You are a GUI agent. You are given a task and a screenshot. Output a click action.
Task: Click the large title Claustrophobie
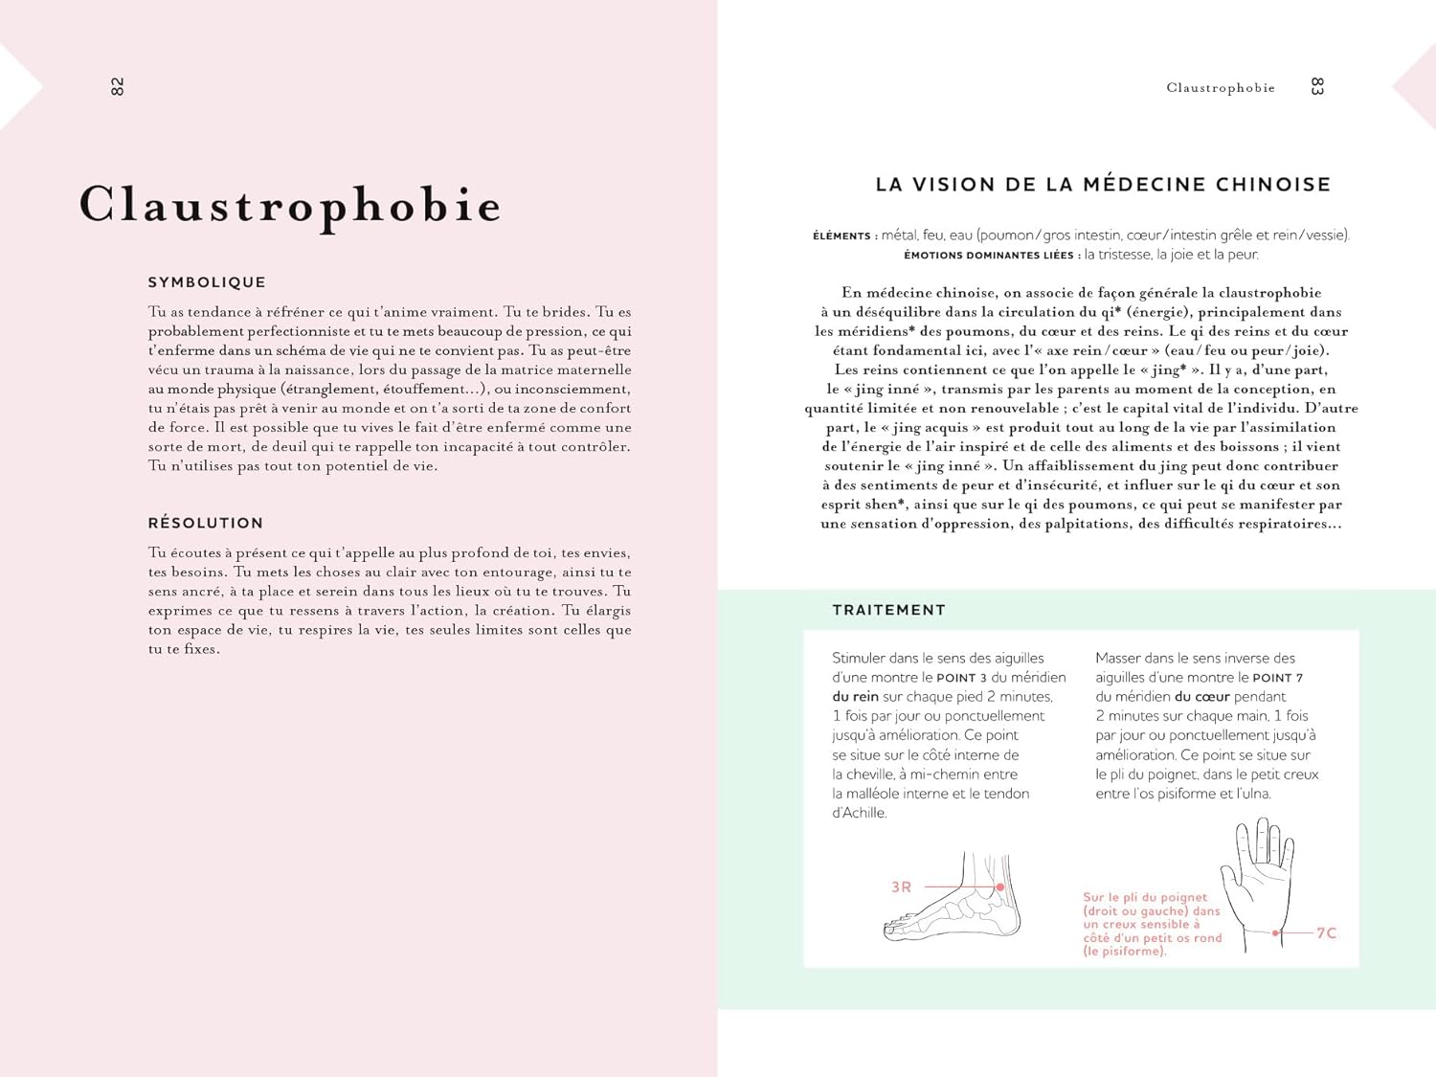290,205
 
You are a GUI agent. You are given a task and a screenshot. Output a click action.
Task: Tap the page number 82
117,87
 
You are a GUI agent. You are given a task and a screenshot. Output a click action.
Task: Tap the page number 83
1317,87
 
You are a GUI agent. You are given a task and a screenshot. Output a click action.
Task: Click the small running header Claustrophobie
1221,88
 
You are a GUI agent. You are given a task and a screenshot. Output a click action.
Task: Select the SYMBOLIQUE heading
207,282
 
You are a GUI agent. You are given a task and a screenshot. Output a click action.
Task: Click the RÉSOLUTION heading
206,523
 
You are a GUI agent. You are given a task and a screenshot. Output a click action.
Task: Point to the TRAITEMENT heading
888,610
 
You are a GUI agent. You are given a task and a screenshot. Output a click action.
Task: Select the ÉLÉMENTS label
841,236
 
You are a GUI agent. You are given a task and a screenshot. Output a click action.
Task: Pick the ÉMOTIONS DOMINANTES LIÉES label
989,256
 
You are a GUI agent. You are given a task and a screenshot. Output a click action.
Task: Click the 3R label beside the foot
901,887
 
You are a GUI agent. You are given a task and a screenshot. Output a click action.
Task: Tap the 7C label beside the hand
1326,932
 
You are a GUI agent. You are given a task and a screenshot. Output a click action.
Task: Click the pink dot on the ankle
1000,887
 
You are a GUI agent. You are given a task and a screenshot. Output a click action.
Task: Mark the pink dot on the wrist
1276,932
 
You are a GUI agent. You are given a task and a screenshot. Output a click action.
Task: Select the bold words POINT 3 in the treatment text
961,678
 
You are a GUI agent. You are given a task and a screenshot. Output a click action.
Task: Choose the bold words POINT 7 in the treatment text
1277,678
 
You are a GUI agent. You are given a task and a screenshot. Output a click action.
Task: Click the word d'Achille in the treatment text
860,813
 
